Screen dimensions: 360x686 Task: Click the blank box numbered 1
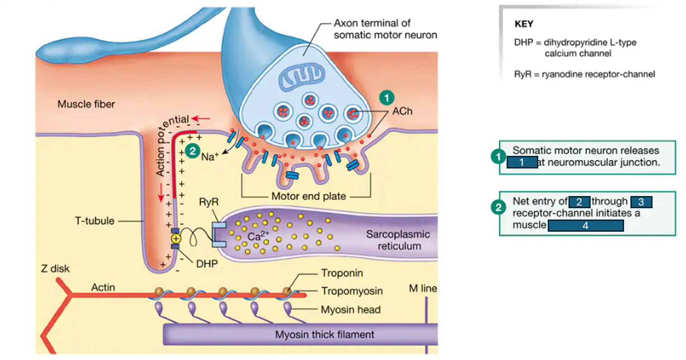(522, 162)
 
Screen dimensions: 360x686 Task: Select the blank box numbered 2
(579, 202)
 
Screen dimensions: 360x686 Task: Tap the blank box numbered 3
(641, 202)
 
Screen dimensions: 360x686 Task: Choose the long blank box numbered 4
(585, 225)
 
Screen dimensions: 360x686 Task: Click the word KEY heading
(524, 24)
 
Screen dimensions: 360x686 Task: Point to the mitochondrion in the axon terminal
(301, 76)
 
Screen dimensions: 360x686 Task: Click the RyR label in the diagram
(208, 202)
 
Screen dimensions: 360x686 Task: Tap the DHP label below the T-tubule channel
(207, 264)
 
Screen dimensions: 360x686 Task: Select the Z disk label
(55, 269)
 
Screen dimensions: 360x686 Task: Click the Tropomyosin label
(352, 291)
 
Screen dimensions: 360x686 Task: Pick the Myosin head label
(350, 310)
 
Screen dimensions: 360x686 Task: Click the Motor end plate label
(309, 196)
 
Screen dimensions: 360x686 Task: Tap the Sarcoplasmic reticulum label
(398, 240)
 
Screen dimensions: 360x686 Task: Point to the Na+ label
(210, 157)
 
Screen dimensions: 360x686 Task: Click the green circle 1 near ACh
(386, 97)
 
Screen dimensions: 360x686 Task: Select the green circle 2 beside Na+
(193, 151)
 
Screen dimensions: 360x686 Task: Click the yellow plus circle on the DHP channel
(175, 238)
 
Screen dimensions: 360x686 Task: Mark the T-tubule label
(94, 221)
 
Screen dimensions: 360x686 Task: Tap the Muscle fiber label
(86, 104)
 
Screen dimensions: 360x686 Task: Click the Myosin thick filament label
(324, 335)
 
